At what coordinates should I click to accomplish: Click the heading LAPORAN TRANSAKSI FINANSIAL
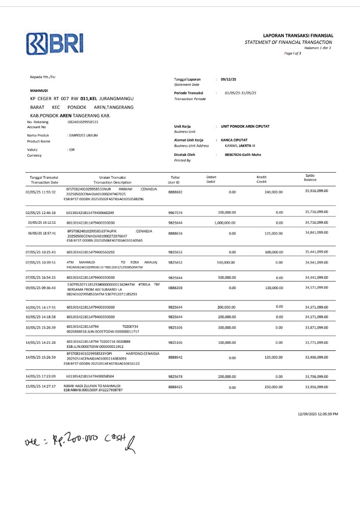tap(298, 35)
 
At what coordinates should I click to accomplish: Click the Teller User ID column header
tap(174, 179)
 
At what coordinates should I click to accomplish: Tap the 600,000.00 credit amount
tap(273, 252)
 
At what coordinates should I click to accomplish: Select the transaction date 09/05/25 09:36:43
tap(41, 288)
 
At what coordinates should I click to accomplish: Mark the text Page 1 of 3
tap(293, 53)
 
